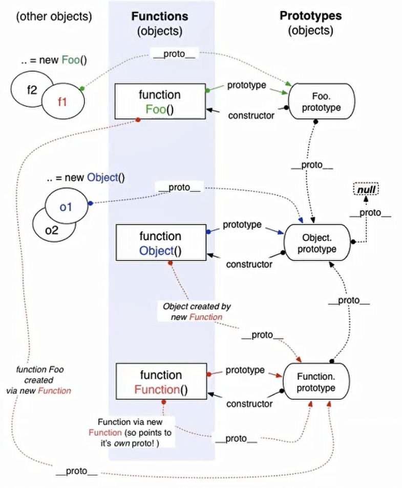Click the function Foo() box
tap(159, 102)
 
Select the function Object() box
tap(159, 243)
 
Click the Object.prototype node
tap(319, 243)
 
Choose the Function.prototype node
tap(316, 382)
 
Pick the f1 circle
tap(62, 102)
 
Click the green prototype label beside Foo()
tap(247, 85)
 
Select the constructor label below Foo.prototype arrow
tap(251, 115)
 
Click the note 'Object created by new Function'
tap(197, 312)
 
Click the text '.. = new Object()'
tap(85, 178)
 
